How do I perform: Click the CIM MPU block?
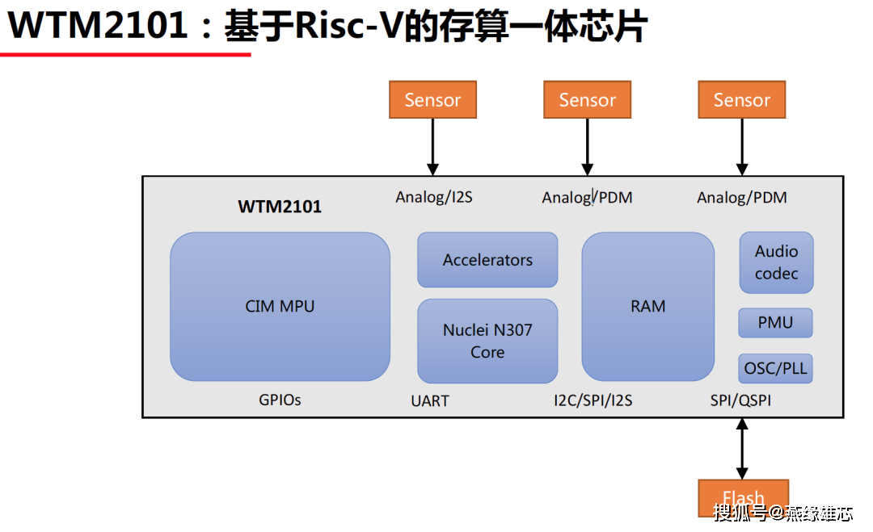click(280, 307)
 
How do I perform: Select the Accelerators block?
click(487, 260)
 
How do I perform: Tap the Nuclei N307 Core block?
click(487, 341)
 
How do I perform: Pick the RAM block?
click(647, 306)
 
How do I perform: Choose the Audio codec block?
click(776, 262)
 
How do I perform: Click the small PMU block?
click(775, 323)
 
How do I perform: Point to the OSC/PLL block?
click(775, 369)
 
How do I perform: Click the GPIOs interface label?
click(280, 400)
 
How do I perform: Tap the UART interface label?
click(430, 400)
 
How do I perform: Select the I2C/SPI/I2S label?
click(593, 400)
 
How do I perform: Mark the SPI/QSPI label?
click(740, 400)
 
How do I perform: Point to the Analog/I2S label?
click(434, 197)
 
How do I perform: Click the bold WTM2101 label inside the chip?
click(280, 207)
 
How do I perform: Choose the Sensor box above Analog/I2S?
click(432, 100)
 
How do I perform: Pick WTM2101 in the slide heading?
click(98, 27)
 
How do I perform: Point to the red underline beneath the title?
click(125, 55)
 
